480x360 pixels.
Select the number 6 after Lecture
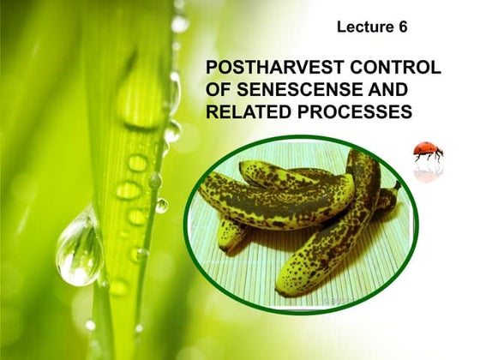pos(402,27)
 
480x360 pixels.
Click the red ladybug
pos(428,152)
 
